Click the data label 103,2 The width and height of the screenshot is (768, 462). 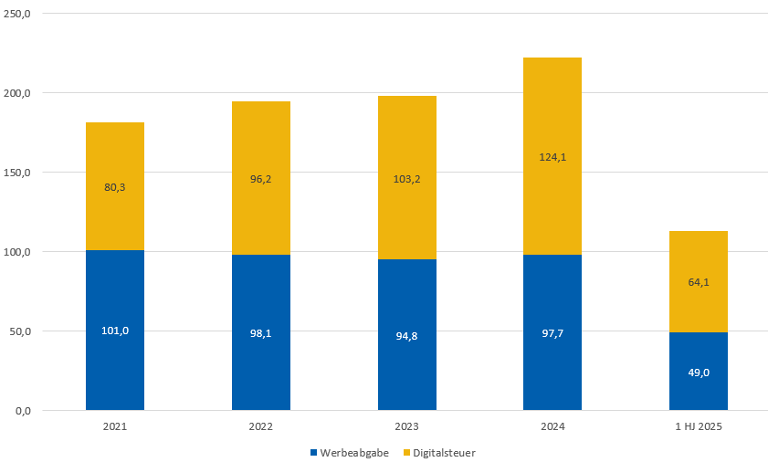[x=406, y=179]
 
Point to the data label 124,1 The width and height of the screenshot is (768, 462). [x=552, y=157]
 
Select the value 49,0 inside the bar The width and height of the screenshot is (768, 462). [x=699, y=373]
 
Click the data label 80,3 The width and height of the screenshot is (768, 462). [x=115, y=187]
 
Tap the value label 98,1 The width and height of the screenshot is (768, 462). [x=261, y=333]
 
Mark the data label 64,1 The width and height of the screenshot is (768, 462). [x=699, y=282]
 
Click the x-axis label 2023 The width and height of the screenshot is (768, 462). [x=406, y=427]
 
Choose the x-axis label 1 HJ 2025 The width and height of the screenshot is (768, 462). [x=699, y=427]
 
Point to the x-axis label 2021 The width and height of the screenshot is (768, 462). [x=115, y=427]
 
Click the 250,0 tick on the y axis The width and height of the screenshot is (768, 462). [x=18, y=14]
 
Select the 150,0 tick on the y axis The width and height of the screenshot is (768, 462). [x=18, y=173]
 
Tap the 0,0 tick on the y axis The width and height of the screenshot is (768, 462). [x=23, y=411]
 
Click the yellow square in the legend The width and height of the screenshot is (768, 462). [x=406, y=452]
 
